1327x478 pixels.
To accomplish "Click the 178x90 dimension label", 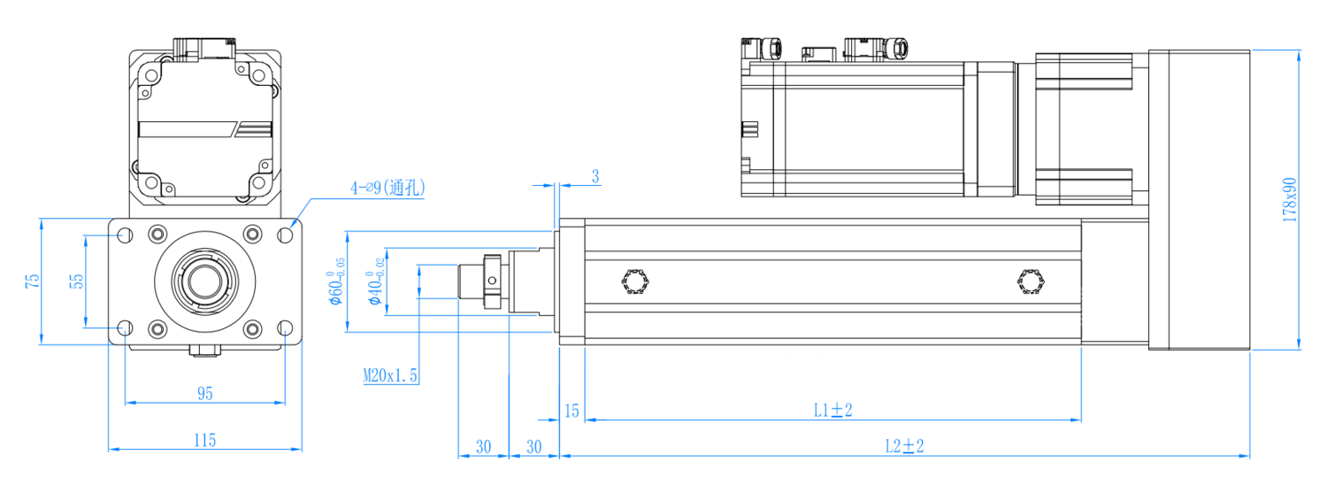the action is click(x=1289, y=200).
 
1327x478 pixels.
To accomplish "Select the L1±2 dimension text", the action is click(x=832, y=410).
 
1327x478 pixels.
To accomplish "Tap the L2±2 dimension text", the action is click(x=904, y=446).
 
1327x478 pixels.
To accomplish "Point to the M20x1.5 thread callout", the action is click(x=390, y=374).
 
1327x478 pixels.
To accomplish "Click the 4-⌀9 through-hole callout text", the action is click(x=387, y=188).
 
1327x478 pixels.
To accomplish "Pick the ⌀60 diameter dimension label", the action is click(x=335, y=281).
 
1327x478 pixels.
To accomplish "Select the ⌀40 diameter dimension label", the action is click(x=375, y=281).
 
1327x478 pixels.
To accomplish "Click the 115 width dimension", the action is click(x=205, y=440).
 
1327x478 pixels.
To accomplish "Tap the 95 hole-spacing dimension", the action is click(x=205, y=393).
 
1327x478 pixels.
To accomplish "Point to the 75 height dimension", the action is click(x=33, y=281).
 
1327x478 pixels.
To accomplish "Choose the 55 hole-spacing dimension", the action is click(x=76, y=281).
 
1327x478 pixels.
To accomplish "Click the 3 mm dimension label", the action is click(x=595, y=176).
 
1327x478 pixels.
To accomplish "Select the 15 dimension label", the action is click(x=571, y=411).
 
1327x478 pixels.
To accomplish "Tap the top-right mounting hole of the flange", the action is click(x=286, y=235).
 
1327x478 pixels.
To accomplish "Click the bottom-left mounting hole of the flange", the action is click(x=125, y=328).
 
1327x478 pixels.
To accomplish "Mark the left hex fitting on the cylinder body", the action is click(x=636, y=281).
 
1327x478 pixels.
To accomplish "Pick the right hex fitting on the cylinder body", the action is click(x=1031, y=281).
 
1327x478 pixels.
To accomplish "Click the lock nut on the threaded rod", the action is click(x=492, y=281).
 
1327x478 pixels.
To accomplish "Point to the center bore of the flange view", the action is click(x=205, y=281).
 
